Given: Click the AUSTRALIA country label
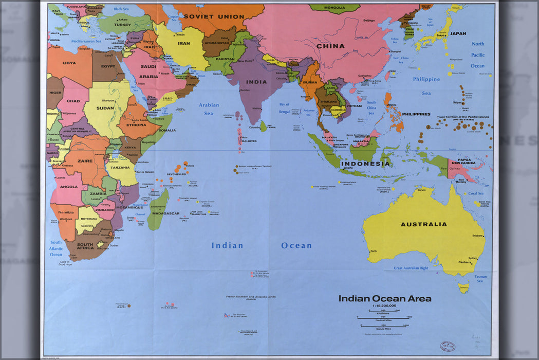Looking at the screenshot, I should pyautogui.click(x=423, y=224).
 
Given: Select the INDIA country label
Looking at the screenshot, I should pyautogui.click(x=256, y=82).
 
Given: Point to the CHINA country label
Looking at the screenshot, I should pyautogui.click(x=330, y=46).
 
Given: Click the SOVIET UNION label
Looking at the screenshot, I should pyautogui.click(x=214, y=16).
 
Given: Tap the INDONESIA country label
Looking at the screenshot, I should pyautogui.click(x=366, y=164).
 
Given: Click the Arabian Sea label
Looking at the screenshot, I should pyautogui.click(x=209, y=109).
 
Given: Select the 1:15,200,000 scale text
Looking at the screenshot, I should pyautogui.click(x=381, y=307).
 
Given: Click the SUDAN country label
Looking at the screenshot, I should pyautogui.click(x=105, y=108).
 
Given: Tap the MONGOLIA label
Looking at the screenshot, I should pyautogui.click(x=334, y=8).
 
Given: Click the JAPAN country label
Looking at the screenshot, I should pyautogui.click(x=458, y=33).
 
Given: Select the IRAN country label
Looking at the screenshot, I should pyautogui.click(x=183, y=43).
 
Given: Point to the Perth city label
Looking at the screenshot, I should pyautogui.click(x=373, y=251).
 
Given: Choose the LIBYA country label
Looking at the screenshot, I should pyautogui.click(x=69, y=63).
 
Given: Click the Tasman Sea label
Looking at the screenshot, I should pyautogui.click(x=480, y=279).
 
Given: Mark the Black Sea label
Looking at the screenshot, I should pyautogui.click(x=121, y=9).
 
